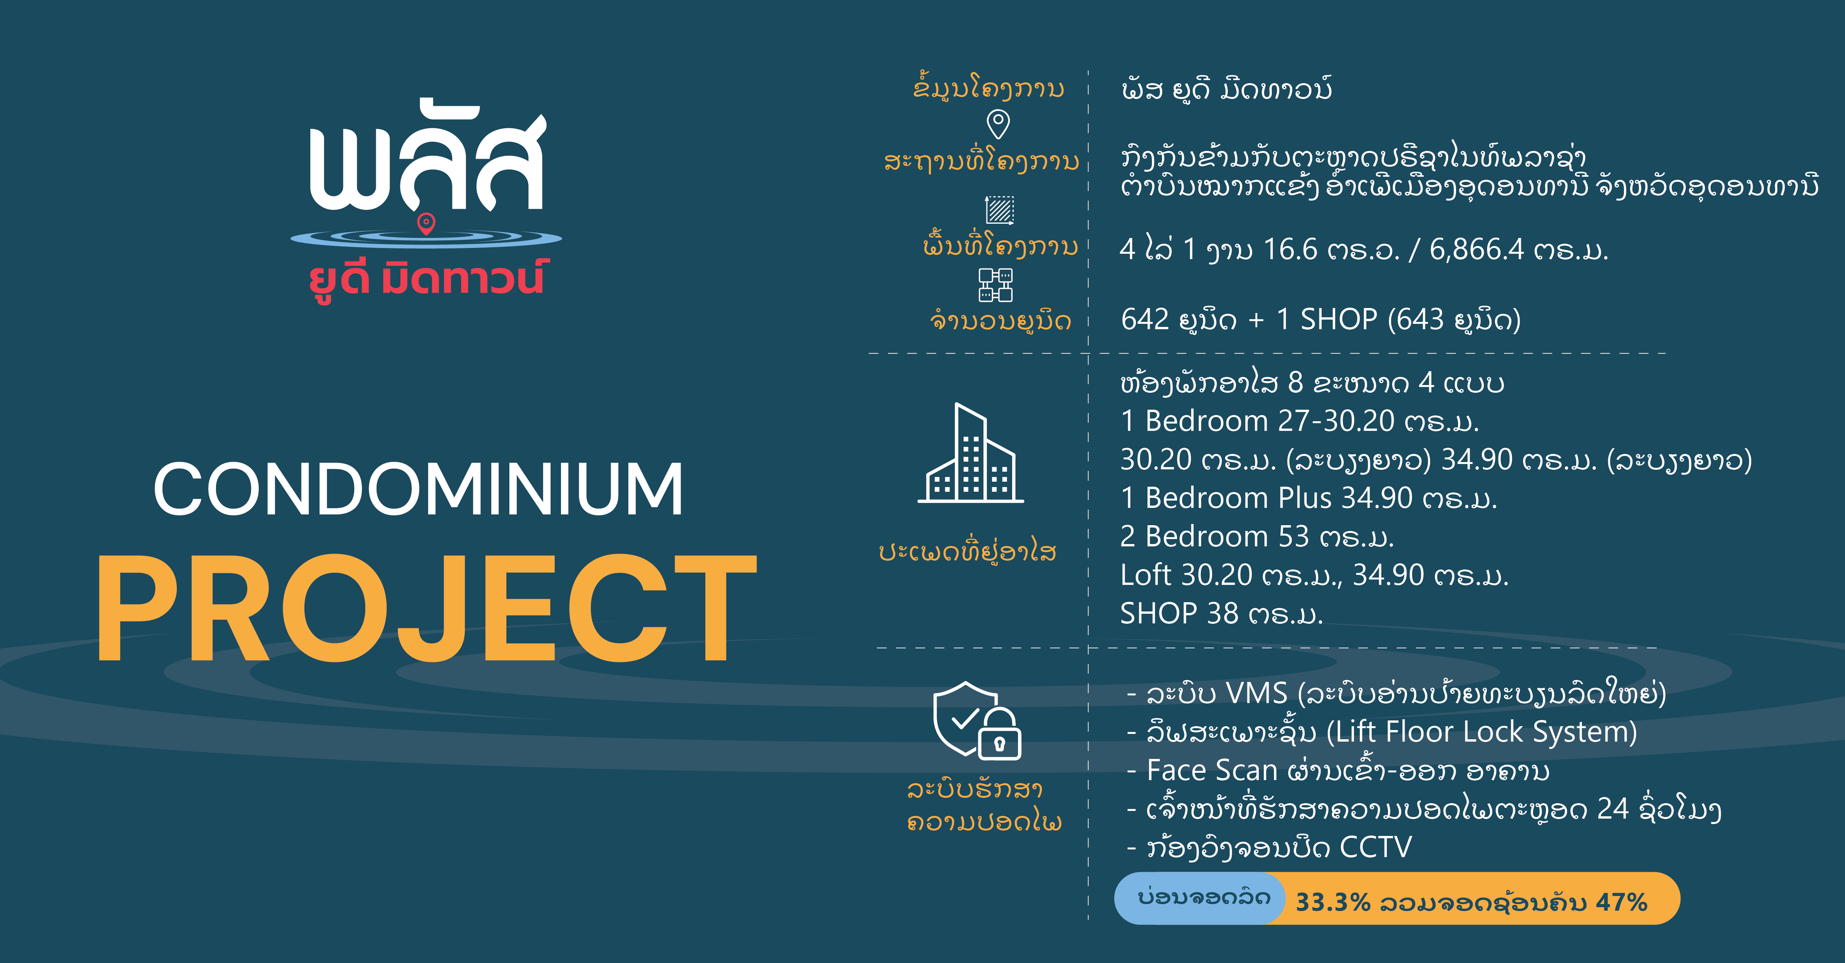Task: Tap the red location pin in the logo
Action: (426, 224)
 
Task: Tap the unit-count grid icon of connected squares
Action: (996, 285)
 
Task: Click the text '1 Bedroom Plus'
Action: (1226, 497)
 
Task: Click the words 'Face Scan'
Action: (1212, 770)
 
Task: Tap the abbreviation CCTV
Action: (1375, 847)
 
